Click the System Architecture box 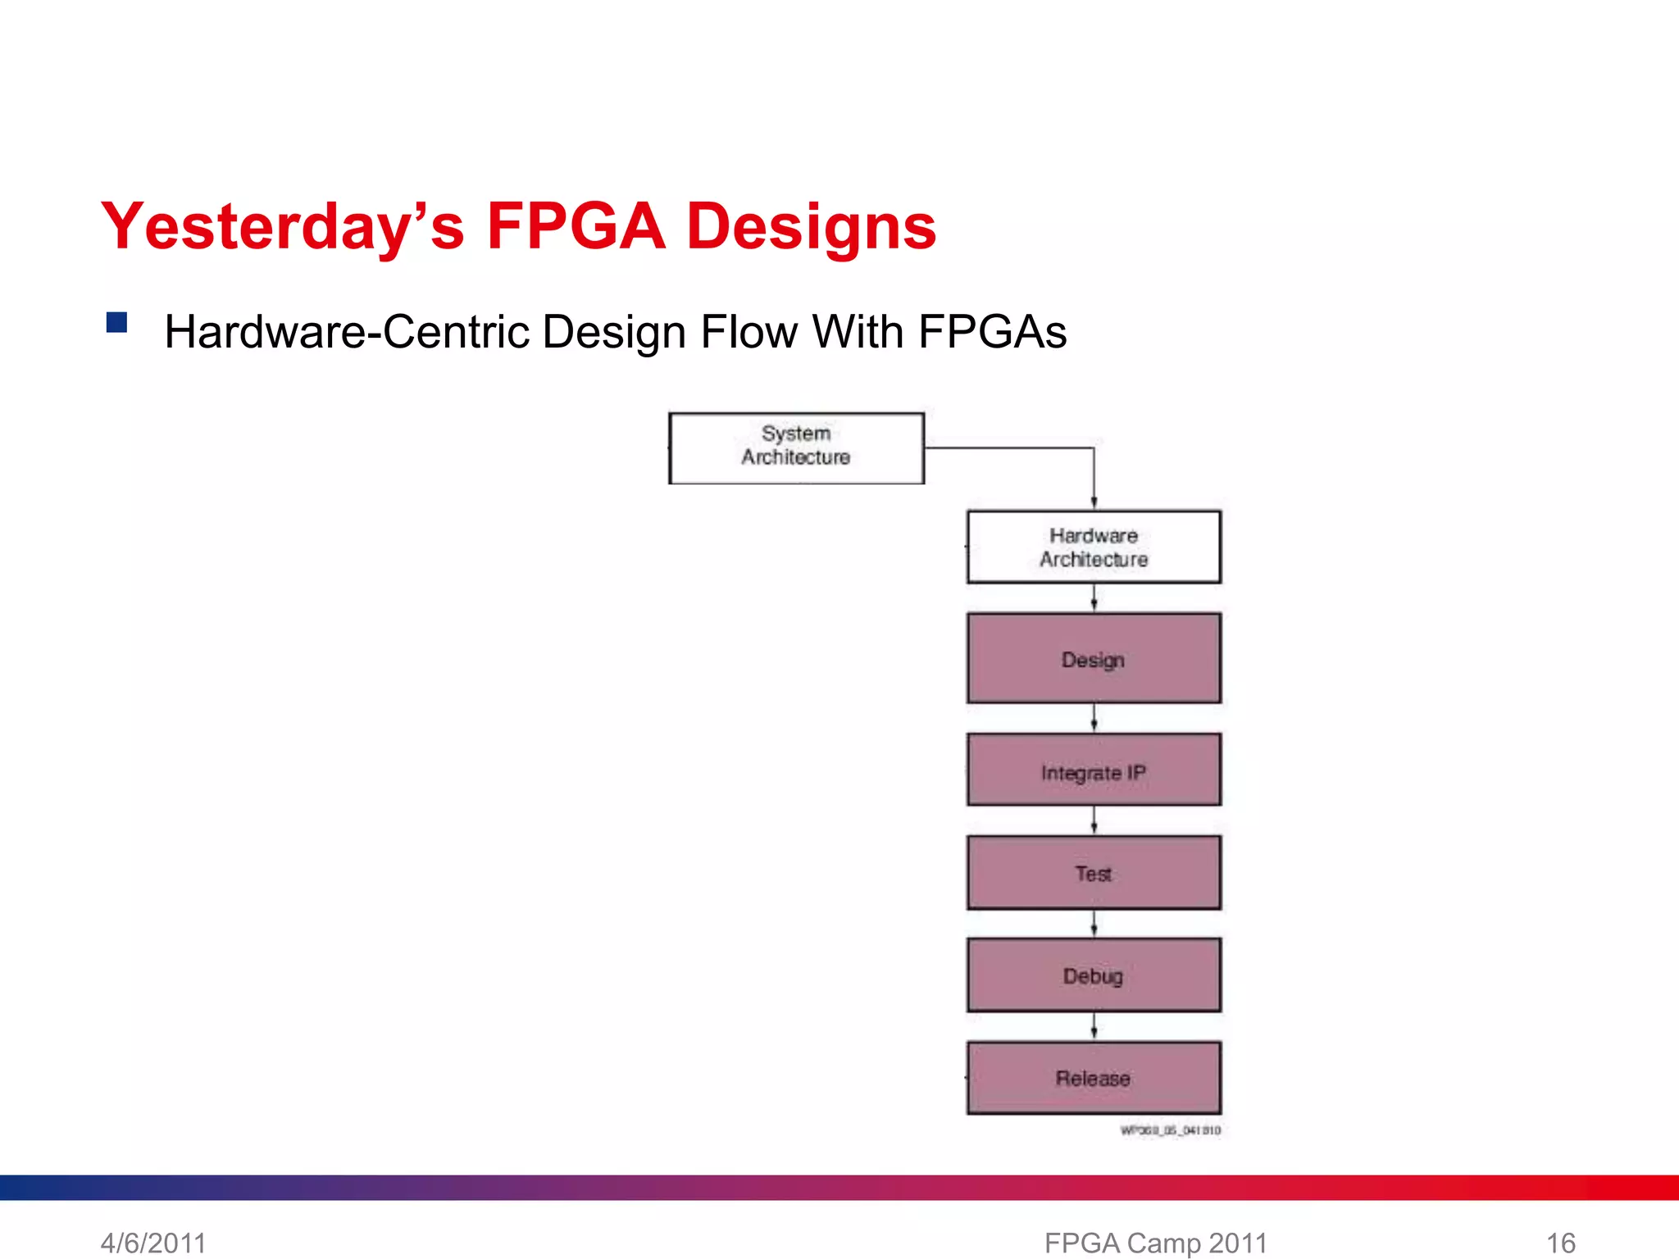(796, 448)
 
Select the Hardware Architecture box (1094, 547)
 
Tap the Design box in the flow (1094, 658)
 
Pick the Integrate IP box (1094, 770)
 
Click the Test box (1094, 873)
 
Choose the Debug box (1094, 975)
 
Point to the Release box (1094, 1078)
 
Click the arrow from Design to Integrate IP (1094, 718)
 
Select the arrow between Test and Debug (1094, 924)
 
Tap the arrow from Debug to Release (1094, 1026)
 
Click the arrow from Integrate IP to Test (1094, 820)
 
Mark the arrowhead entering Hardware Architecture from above (1094, 502)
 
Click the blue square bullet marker (116, 322)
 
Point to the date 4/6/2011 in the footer (153, 1243)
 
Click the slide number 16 (1560, 1243)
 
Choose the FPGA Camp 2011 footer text (1155, 1243)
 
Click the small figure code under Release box (1170, 1130)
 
